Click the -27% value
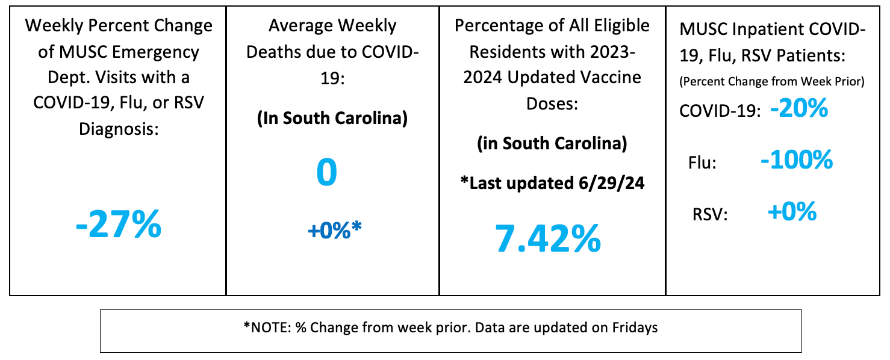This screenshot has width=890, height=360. click(x=119, y=225)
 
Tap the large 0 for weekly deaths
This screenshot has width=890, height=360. click(x=326, y=173)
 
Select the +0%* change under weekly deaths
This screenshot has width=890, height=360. click(x=334, y=230)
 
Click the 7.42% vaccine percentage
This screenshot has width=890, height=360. click(x=547, y=238)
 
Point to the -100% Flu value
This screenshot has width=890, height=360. click(x=796, y=160)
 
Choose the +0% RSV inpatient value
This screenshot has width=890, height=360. click(x=792, y=212)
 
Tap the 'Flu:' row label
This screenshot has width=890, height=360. click(x=702, y=163)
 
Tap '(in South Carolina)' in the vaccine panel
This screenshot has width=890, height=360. click(x=552, y=144)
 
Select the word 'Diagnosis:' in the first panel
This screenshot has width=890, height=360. click(x=119, y=128)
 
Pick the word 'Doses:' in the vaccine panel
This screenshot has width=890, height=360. click(x=552, y=104)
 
